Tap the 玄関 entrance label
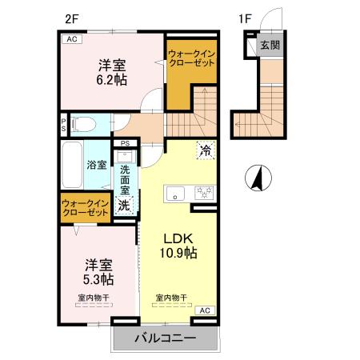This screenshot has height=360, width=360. point(270,46)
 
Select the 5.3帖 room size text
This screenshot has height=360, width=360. point(98,279)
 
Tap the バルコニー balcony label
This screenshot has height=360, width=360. point(164,338)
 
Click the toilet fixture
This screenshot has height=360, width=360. point(84,124)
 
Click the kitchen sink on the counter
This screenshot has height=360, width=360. point(174,192)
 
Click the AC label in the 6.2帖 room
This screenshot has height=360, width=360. point(71,38)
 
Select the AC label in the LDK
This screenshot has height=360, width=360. point(204,309)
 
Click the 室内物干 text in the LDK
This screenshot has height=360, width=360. point(171,298)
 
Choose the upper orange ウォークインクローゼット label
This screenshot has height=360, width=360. point(191,58)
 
